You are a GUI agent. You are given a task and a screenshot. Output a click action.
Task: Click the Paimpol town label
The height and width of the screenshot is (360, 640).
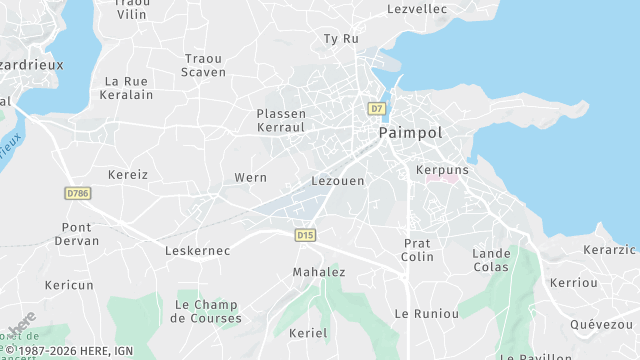410,132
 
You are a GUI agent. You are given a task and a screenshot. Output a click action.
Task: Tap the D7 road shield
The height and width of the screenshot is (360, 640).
376,108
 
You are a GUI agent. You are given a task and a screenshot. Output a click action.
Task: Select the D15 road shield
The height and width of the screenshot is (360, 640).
305,235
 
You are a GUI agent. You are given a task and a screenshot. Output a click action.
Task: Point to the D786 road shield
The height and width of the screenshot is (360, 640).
76,192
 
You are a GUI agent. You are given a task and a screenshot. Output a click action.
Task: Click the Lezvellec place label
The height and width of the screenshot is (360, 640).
416,9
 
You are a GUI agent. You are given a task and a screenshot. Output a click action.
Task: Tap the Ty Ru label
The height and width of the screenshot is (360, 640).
340,39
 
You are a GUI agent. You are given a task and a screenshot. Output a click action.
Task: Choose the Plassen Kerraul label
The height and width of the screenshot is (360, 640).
281,121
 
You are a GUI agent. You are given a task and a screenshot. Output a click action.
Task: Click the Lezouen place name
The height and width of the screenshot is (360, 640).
338,181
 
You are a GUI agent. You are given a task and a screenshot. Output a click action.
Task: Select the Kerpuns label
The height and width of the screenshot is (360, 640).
441,170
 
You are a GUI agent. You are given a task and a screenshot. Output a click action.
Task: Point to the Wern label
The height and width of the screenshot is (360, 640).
250,177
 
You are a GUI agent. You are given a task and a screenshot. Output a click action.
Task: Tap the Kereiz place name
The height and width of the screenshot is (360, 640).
128,174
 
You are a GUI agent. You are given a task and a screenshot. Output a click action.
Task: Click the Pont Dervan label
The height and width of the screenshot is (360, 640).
80,234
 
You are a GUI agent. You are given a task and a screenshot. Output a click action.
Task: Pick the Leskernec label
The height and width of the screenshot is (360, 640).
197,250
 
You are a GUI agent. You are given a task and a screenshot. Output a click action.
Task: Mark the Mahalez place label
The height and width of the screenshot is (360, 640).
318,272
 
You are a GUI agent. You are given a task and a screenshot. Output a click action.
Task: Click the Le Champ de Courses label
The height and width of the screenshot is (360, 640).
206,311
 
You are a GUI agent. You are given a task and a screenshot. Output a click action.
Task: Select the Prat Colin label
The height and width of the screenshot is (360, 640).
417,250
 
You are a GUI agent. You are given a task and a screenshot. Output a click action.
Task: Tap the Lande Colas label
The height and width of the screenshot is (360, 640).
491,260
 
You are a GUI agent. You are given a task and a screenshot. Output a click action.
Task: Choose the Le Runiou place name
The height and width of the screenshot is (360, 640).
426,313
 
